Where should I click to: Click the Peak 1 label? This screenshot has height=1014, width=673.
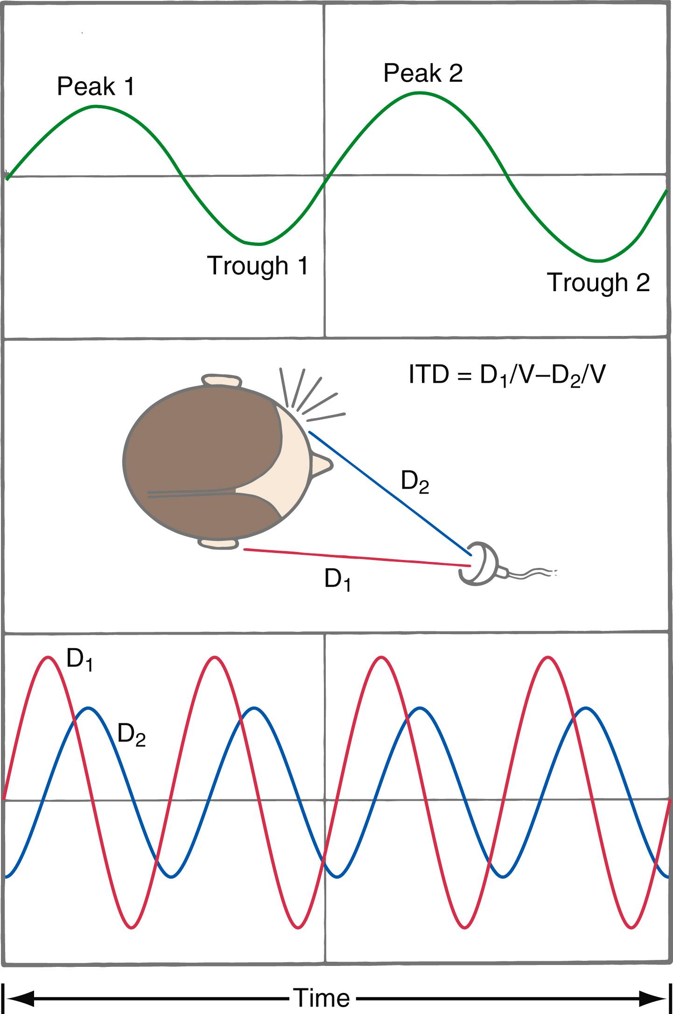point(96,87)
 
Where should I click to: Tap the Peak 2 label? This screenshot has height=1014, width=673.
point(423,74)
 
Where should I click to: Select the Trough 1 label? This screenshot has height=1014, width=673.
point(258,266)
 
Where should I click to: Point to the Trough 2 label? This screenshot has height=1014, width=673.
point(598,282)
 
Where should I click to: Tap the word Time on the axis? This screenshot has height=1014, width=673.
point(322,998)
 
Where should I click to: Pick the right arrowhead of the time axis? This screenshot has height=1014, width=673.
point(653,998)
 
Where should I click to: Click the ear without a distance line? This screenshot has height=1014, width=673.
point(221,381)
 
